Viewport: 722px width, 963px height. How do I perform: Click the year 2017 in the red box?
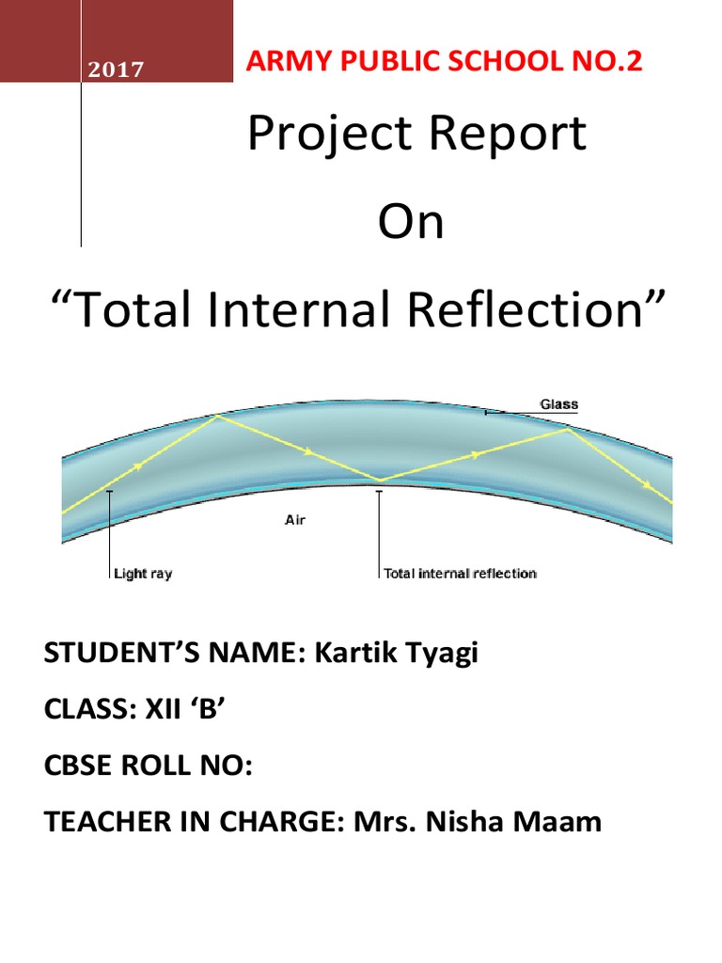[x=117, y=70]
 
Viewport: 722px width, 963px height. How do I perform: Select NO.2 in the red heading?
[x=615, y=63]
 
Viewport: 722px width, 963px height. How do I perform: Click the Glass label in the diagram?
[x=558, y=404]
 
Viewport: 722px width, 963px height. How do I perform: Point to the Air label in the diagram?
[x=295, y=519]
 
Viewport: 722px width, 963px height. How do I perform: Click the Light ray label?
[x=142, y=573]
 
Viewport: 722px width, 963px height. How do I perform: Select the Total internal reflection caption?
[x=460, y=573]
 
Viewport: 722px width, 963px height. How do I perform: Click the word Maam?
[x=557, y=823]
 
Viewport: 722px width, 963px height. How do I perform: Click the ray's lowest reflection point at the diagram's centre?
[x=380, y=481]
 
